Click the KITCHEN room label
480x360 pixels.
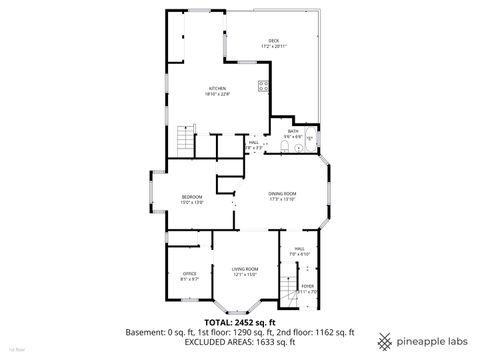[x=218, y=89]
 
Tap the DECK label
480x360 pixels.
[x=272, y=41]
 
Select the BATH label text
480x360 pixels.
[x=293, y=131]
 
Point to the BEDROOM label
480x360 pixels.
[x=192, y=197]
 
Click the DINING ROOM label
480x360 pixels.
[x=281, y=193]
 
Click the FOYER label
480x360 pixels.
[x=308, y=287]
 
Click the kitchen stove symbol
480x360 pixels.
[x=263, y=86]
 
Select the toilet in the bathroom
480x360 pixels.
[x=286, y=149]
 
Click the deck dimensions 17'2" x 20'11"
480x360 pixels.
[x=273, y=47]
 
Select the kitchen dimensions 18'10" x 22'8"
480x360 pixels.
[x=218, y=95]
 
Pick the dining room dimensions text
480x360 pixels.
[x=281, y=199]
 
